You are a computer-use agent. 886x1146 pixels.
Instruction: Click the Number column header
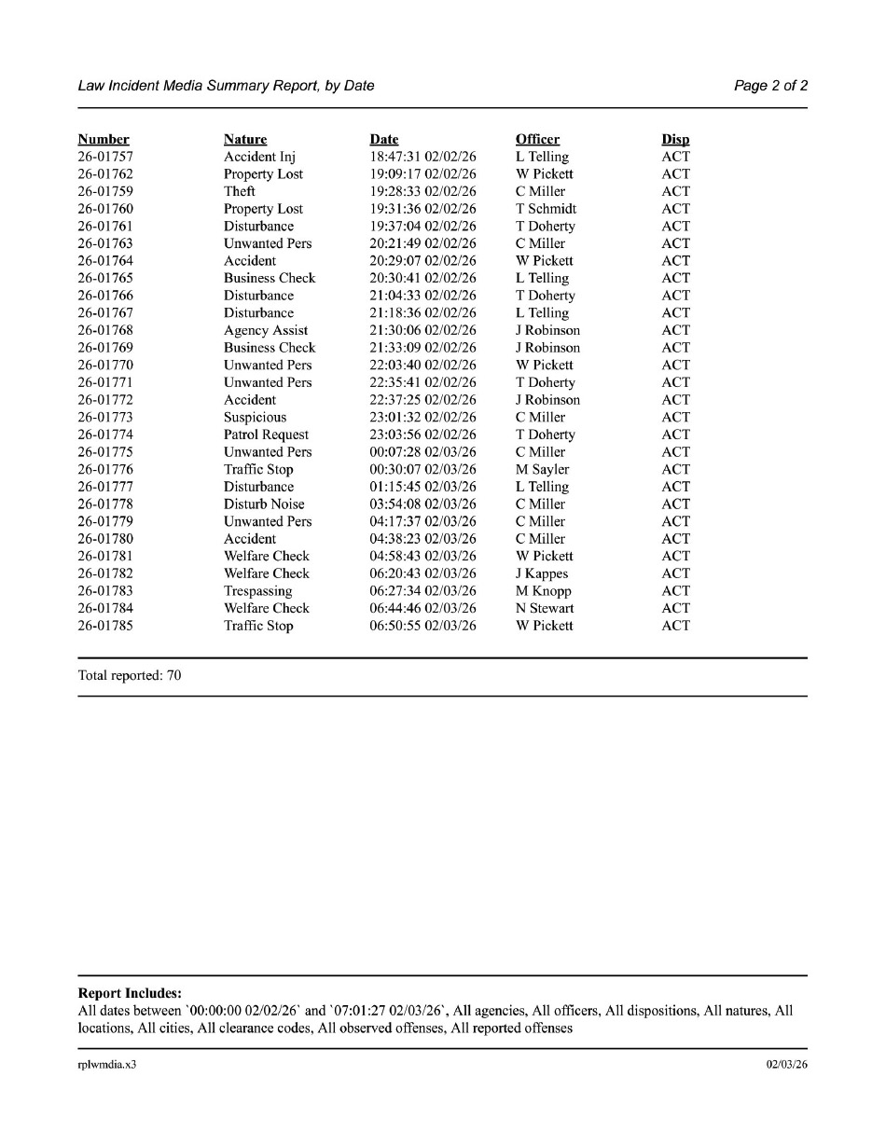click(x=104, y=140)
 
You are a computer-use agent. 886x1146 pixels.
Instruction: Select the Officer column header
click(x=537, y=140)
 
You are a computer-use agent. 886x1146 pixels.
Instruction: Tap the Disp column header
click(x=675, y=140)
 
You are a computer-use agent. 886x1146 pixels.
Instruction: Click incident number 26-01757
click(x=104, y=158)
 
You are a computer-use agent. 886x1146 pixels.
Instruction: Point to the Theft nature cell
click(x=239, y=192)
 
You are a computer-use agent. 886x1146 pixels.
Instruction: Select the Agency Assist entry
click(x=265, y=331)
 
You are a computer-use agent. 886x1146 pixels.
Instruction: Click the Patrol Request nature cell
click(x=266, y=435)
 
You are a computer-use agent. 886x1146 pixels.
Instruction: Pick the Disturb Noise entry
click(x=264, y=504)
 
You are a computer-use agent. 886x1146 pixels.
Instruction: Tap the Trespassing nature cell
click(x=257, y=591)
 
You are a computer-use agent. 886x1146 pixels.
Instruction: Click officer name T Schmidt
click(x=546, y=210)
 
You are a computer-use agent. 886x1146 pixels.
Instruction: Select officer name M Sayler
click(x=542, y=470)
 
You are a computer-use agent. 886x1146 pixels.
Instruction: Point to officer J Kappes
click(x=541, y=574)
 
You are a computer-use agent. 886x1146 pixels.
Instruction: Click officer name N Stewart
click(x=545, y=609)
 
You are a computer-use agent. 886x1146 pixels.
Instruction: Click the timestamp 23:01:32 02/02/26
click(x=422, y=418)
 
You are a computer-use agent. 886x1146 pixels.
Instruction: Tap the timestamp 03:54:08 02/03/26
click(x=422, y=504)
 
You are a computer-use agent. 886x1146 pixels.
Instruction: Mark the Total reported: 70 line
click(x=130, y=676)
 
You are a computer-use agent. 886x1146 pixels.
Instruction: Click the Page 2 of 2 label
click(x=770, y=86)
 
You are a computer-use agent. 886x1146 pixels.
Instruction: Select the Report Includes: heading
click(x=130, y=994)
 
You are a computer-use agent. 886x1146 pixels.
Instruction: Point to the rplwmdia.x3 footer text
click(x=106, y=1065)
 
